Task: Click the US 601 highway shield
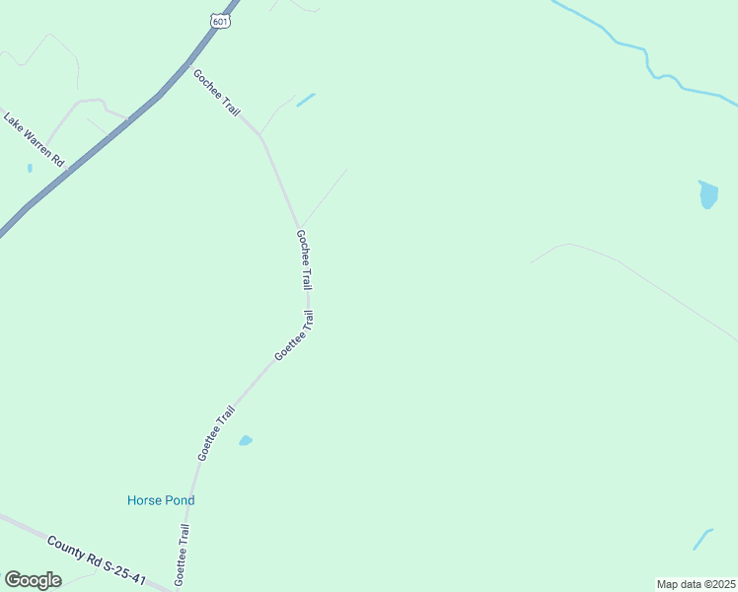coord(220,20)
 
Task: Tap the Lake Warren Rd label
coord(34,139)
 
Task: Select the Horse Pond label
coord(161,500)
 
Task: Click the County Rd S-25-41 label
coord(96,560)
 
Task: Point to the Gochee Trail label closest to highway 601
coord(217,93)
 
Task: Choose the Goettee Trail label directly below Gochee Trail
coord(294,335)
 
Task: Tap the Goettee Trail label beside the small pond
coord(216,433)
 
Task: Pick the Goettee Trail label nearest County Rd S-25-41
coord(183,552)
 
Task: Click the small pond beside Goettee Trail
coord(246,440)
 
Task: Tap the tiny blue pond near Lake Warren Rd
coord(30,168)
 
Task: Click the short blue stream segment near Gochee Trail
coord(306,100)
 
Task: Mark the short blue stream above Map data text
coord(702,539)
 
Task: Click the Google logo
coord(34,580)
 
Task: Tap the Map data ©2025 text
coord(696,584)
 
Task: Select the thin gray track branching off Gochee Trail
coord(324,196)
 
